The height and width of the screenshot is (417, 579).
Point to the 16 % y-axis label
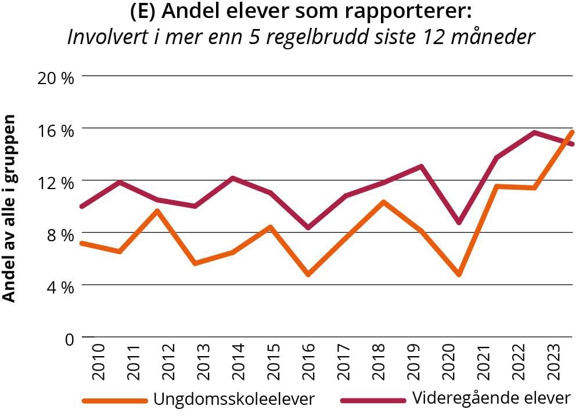point(56,130)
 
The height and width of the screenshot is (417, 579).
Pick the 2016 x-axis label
point(308,362)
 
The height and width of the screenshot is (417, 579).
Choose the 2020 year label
point(449,362)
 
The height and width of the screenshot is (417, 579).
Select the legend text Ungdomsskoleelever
point(234,399)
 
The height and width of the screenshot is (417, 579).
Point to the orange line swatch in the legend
point(114,400)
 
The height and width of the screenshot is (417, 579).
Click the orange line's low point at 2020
point(459,274)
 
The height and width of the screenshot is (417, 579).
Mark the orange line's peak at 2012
point(157,211)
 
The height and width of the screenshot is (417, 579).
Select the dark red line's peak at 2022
point(534,132)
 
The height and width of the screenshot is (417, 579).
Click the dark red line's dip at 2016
point(308,227)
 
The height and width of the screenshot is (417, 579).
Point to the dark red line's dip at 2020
point(459,223)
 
